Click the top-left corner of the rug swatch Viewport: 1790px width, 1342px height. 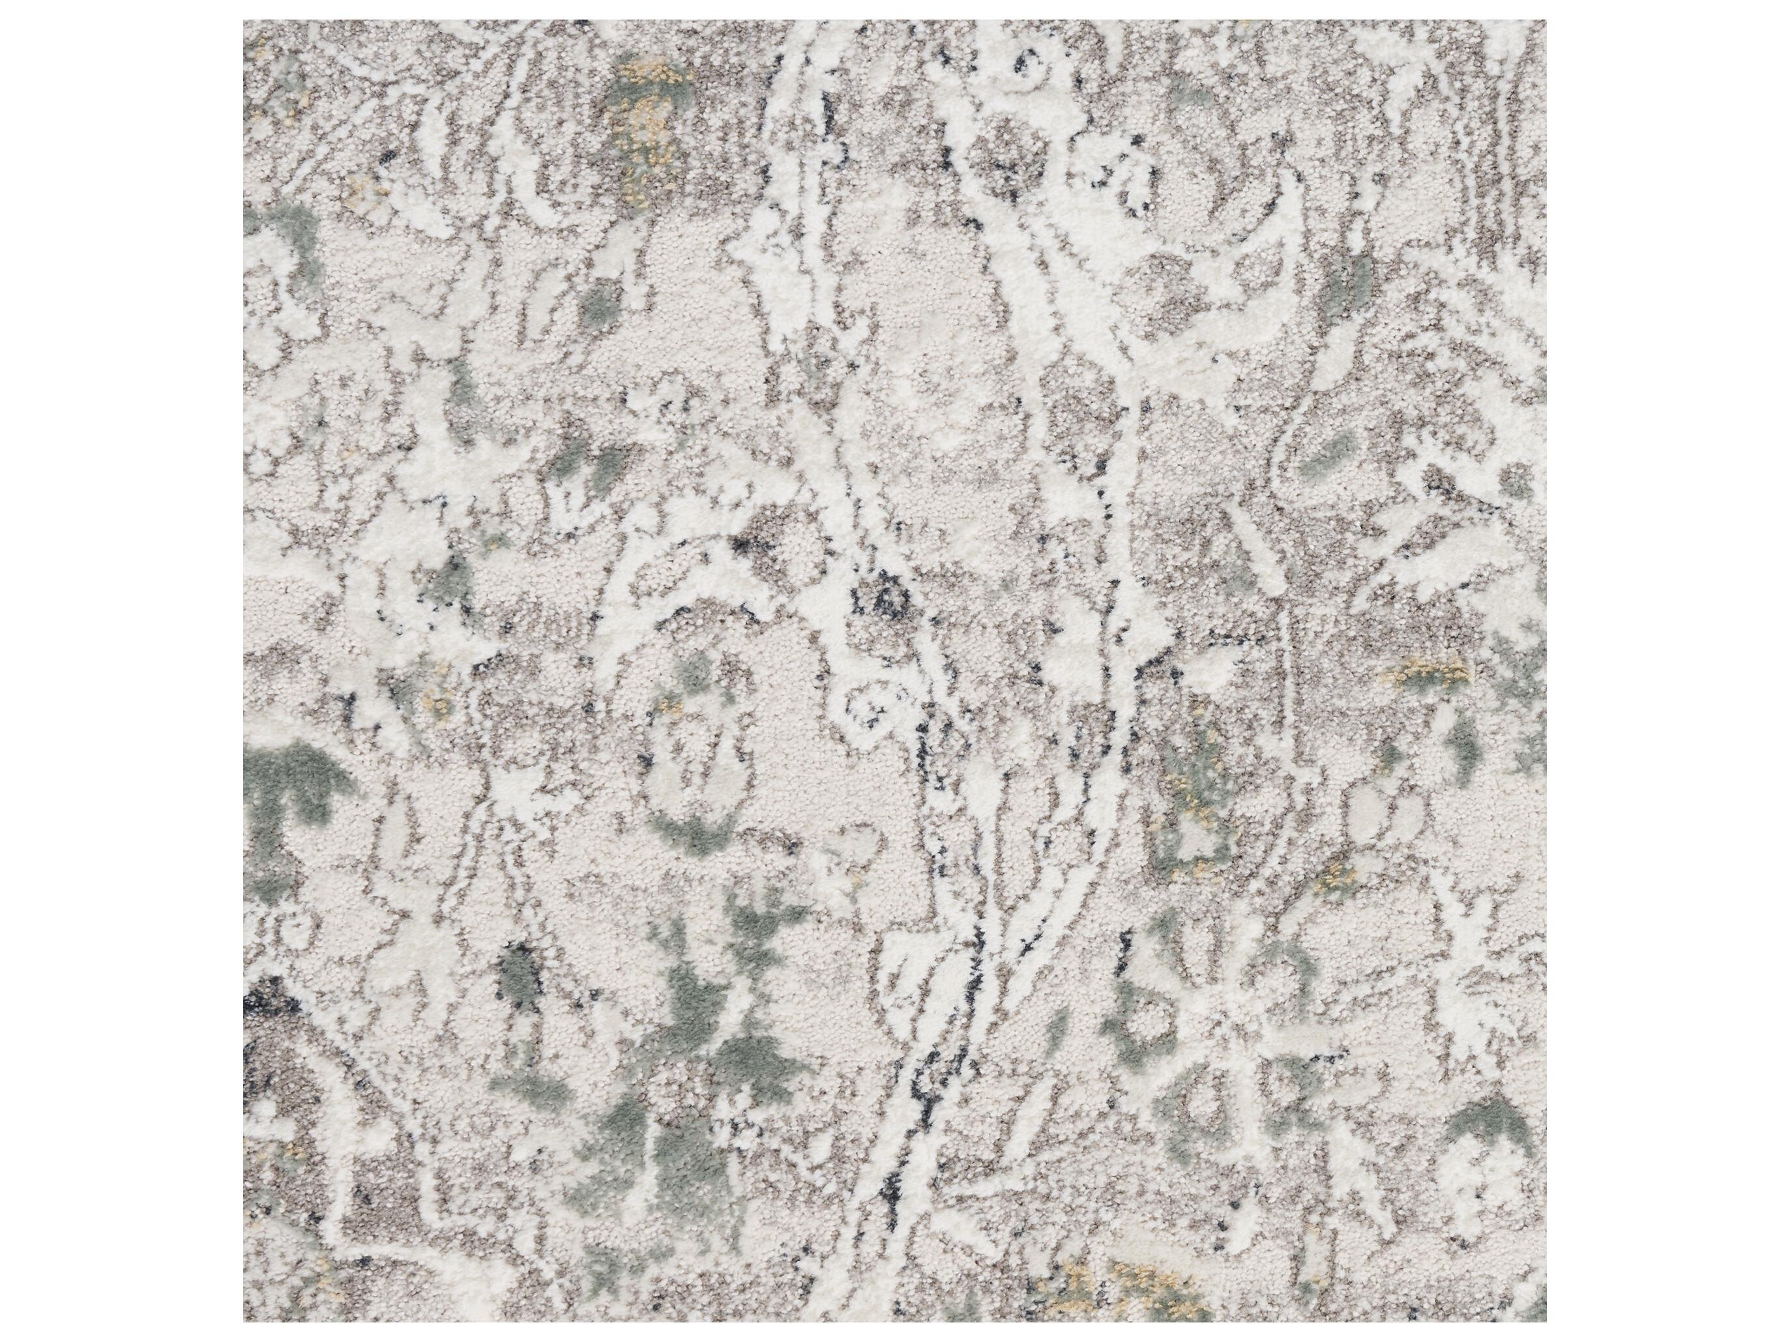coord(244,21)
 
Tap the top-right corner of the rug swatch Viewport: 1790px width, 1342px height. coord(1546,21)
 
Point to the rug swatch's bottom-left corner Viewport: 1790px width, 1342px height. coord(244,1321)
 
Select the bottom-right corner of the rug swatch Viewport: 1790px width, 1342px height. coord(1546,1321)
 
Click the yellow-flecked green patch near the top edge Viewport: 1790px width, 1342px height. coord(647,97)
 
